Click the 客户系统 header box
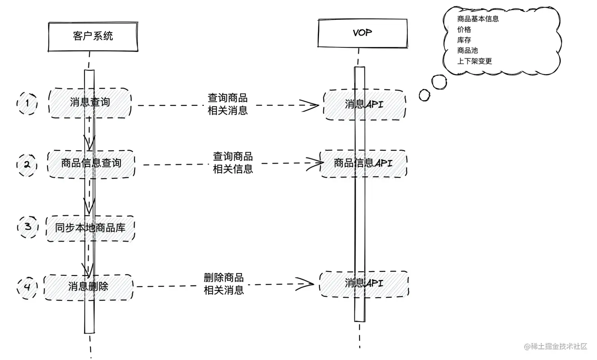click(x=93, y=36)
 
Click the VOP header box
click(x=362, y=33)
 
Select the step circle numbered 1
click(x=27, y=103)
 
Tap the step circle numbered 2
click(x=27, y=164)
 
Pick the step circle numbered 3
click(x=28, y=227)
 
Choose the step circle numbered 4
click(x=27, y=287)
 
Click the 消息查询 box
click(x=90, y=103)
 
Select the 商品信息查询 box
click(x=91, y=163)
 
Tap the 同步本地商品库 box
click(x=90, y=228)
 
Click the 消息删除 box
click(x=88, y=287)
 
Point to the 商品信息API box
click(x=363, y=163)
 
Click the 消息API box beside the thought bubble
click(x=364, y=105)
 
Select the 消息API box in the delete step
click(x=364, y=283)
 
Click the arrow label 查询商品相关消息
click(x=228, y=104)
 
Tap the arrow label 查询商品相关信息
click(x=233, y=163)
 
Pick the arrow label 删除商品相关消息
click(x=223, y=284)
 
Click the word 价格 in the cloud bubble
click(x=464, y=30)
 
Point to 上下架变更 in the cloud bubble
click(x=474, y=61)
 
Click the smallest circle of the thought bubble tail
click(x=424, y=95)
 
